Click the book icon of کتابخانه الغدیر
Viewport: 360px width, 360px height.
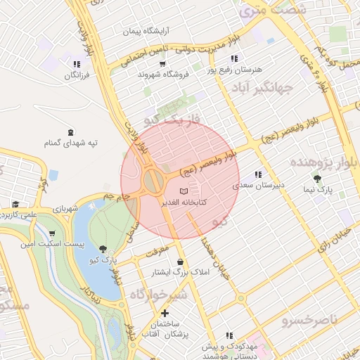pos(184,191)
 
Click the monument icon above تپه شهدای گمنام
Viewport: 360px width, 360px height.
pos(70,132)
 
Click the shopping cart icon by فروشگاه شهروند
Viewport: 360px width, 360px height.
pos(162,64)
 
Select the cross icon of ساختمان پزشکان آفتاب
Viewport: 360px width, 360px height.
pos(165,313)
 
